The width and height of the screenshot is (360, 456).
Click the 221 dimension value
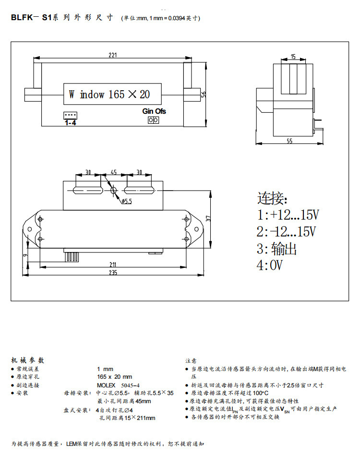click(x=112, y=55)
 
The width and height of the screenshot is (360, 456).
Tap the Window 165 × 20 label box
click(x=112, y=94)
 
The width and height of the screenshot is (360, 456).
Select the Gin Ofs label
click(x=154, y=111)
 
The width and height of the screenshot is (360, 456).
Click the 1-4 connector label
click(x=71, y=123)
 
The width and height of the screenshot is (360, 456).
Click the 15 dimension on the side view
click(x=293, y=57)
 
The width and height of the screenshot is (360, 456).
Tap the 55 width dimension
click(x=289, y=141)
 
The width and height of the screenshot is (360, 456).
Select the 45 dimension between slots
click(x=114, y=172)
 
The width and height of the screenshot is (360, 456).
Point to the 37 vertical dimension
click(x=208, y=218)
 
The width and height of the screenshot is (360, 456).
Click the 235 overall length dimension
click(x=113, y=273)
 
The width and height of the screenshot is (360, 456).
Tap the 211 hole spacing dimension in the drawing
click(x=113, y=264)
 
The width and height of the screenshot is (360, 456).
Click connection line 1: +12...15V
click(x=288, y=215)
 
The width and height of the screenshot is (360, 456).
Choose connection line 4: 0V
click(x=270, y=265)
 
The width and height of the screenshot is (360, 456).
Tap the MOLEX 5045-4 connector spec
click(x=119, y=385)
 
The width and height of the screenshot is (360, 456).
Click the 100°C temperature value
click(x=261, y=393)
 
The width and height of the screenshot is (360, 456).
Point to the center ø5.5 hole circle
click(x=114, y=191)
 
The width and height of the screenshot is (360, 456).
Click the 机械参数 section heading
click(x=28, y=360)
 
